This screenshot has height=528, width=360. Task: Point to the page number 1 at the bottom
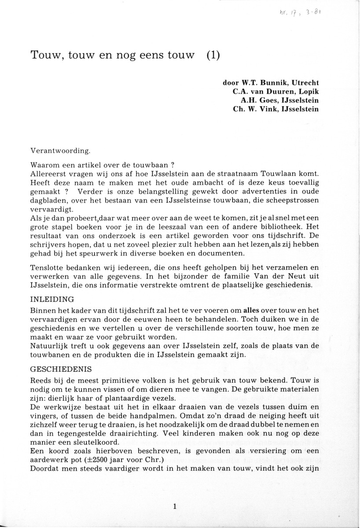tap(175, 507)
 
